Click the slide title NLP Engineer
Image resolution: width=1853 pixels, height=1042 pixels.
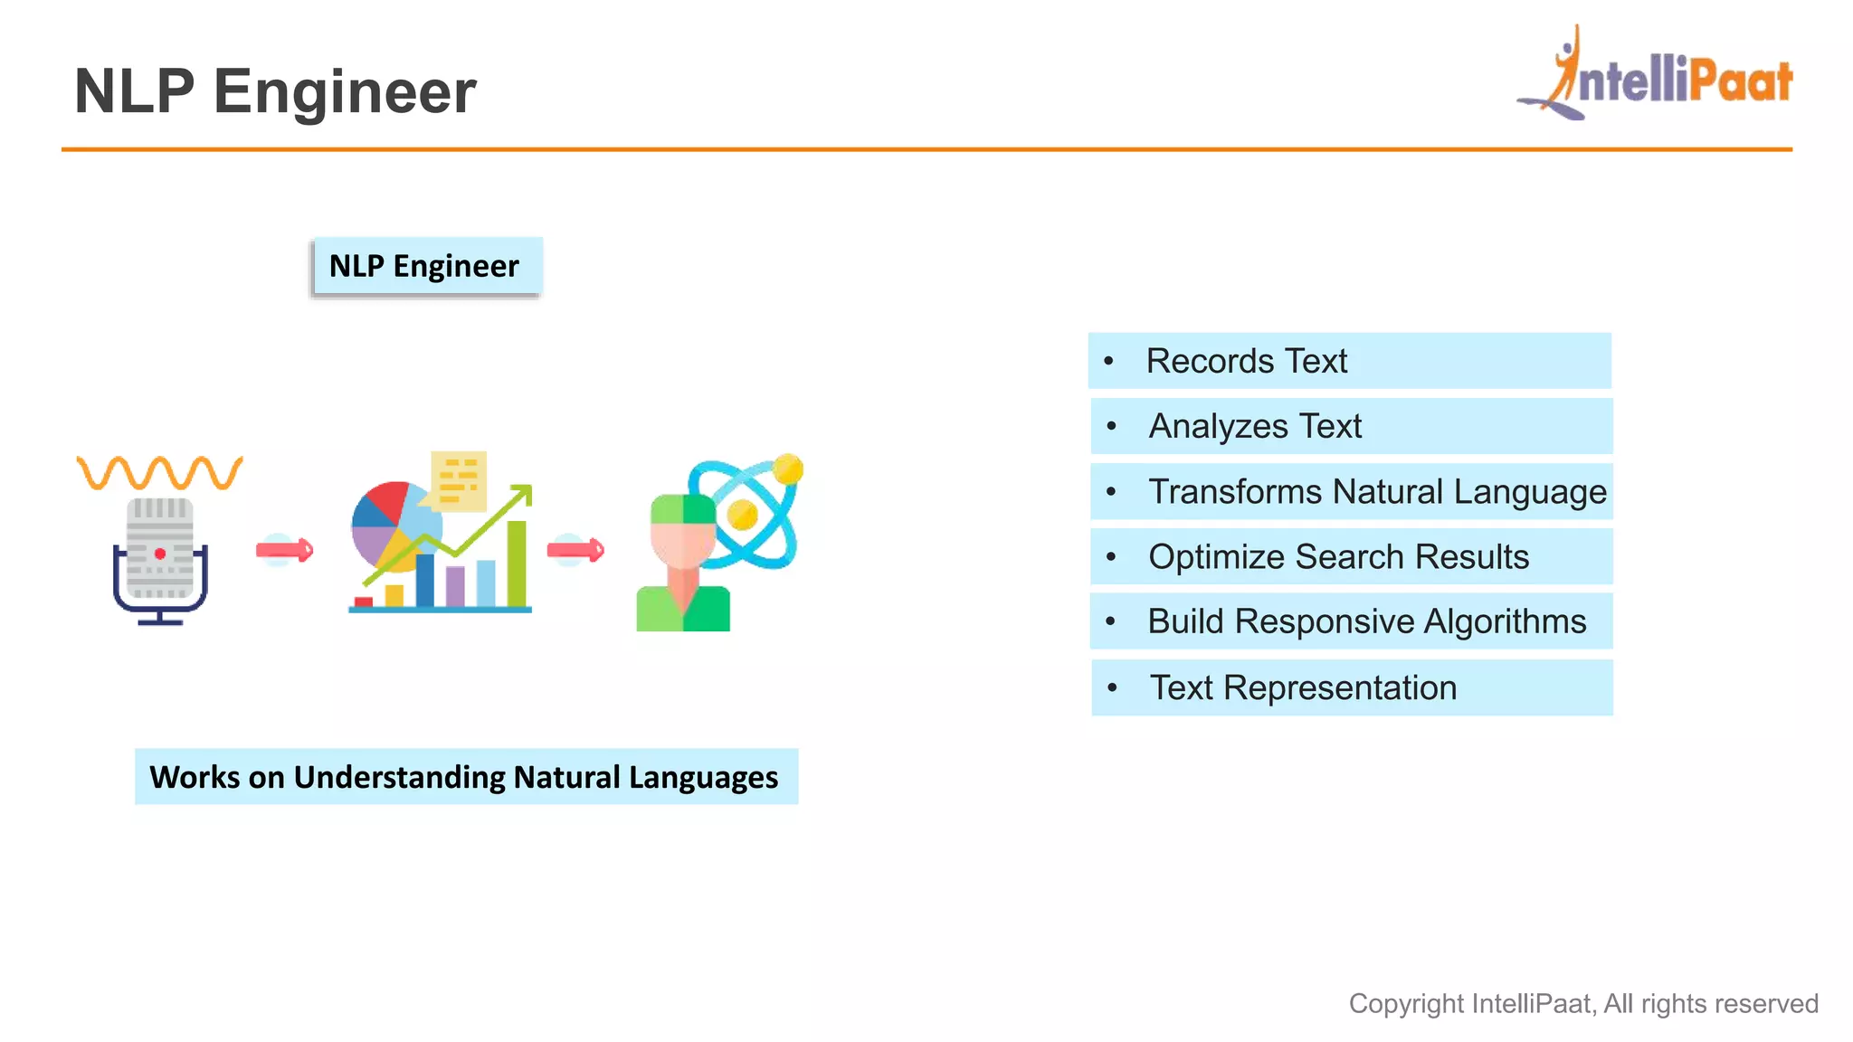click(275, 91)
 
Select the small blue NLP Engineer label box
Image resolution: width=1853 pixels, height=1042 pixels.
click(425, 266)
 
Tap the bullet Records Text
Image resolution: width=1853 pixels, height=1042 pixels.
click(1247, 361)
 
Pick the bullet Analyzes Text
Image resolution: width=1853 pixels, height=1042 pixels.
click(1254, 426)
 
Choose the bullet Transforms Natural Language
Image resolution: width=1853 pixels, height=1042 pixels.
click(1376, 492)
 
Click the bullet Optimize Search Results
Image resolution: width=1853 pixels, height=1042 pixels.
click(1338, 557)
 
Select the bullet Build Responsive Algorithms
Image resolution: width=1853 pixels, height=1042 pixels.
click(1366, 622)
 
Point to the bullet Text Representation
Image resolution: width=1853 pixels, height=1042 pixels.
click(1303, 688)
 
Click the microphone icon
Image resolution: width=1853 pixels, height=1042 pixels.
click(160, 561)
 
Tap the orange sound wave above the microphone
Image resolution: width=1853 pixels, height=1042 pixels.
click(160, 472)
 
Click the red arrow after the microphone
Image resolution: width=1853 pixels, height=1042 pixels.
click(284, 550)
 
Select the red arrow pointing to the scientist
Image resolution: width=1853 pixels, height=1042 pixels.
click(575, 550)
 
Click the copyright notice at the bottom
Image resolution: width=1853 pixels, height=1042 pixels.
click(1582, 1004)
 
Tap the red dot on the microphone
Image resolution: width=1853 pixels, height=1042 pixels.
click(160, 554)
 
